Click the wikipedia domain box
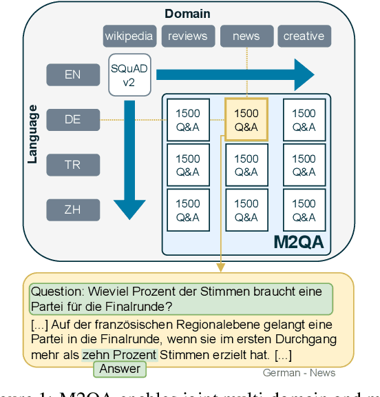[130, 36]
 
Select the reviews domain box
[188, 36]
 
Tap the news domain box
[246, 36]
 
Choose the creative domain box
[304, 36]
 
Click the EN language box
[72, 74]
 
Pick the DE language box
[72, 119]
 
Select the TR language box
[72, 165]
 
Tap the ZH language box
[72, 210]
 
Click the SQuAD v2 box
[129, 74]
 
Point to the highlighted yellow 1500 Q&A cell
[246, 119]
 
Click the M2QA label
[299, 242]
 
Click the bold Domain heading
[187, 14]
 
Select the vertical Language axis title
[32, 134]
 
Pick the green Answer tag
[120, 369]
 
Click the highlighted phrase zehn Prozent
[119, 355]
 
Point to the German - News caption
[299, 373]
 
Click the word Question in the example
[55, 292]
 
